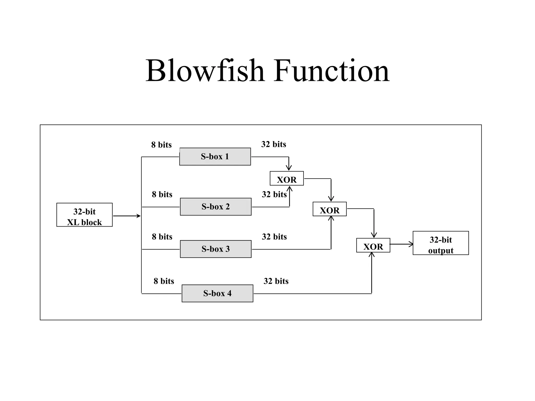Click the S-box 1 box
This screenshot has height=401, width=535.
point(215,157)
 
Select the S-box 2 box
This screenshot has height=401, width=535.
point(216,207)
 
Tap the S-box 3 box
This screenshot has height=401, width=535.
point(216,249)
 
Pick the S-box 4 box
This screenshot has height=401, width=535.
point(217,293)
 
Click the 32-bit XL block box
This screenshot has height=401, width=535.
point(84,215)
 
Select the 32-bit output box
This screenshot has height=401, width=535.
point(441,243)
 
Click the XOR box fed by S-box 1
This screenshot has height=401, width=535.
point(287,179)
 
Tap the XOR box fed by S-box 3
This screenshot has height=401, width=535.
point(329,209)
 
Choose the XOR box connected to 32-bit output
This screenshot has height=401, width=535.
point(373,245)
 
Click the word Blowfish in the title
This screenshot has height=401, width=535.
point(205,71)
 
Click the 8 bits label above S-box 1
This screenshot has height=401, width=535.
point(161,145)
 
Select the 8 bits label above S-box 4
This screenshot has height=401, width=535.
point(164,281)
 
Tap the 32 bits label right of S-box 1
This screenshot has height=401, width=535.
point(274,144)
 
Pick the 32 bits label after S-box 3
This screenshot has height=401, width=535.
point(274,237)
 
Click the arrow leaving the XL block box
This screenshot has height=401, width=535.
point(127,216)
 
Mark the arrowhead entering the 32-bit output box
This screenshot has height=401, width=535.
point(411,244)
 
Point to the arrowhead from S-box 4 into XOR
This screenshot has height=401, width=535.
point(371,255)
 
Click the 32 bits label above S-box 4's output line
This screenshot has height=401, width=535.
point(276,281)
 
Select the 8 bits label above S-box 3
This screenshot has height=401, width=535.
point(162,237)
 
